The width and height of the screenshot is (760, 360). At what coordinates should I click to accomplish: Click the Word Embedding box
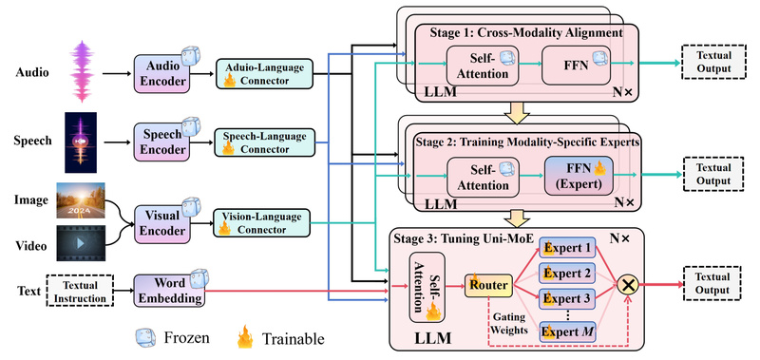(168, 291)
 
